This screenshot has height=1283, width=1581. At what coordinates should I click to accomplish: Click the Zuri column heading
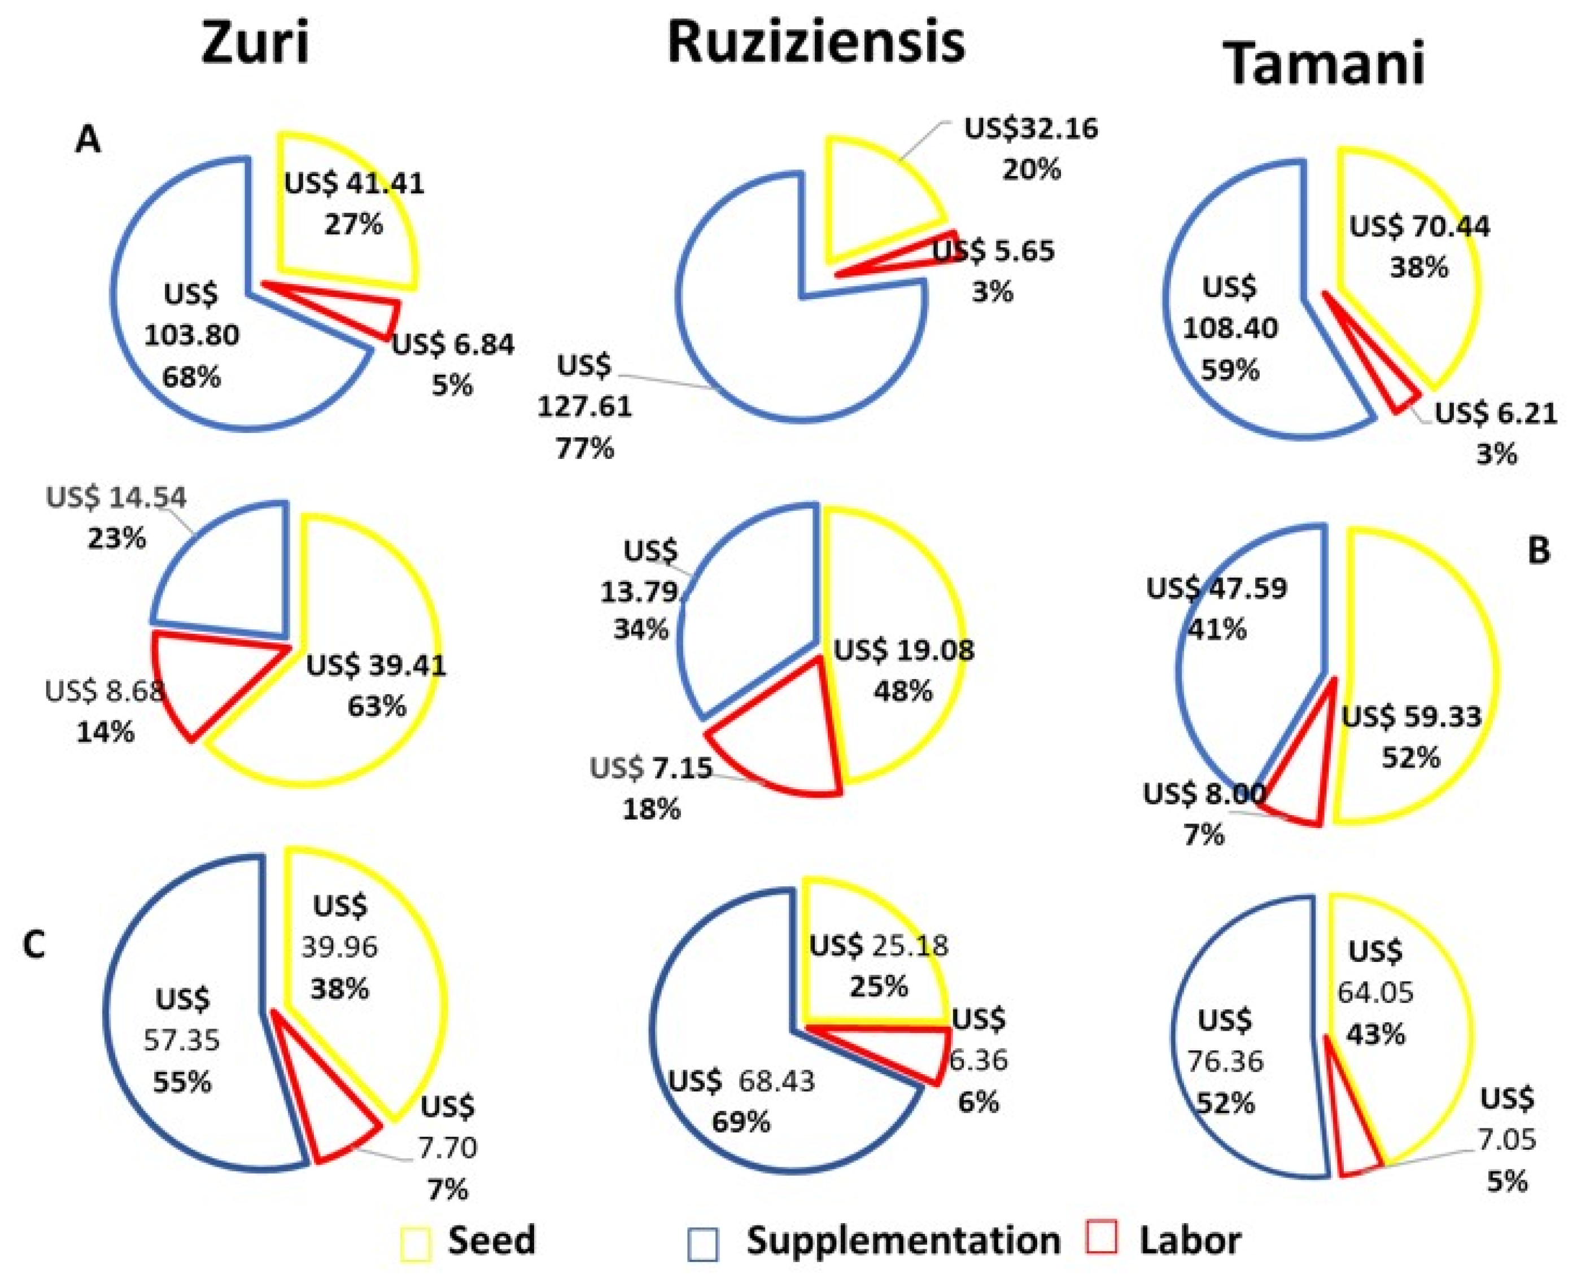[255, 42]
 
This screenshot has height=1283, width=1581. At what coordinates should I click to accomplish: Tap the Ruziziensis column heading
[816, 41]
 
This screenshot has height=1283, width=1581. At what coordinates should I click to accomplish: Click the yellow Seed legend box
[416, 1243]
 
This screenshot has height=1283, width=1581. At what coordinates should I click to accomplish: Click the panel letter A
[88, 139]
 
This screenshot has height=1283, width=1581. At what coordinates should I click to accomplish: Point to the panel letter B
[1538, 550]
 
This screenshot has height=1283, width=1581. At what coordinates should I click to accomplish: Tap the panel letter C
[34, 944]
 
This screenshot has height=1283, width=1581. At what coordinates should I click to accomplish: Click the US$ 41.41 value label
[355, 183]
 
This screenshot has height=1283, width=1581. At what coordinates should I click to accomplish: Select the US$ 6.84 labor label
[452, 344]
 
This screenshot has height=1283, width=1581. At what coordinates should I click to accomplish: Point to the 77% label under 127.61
[584, 448]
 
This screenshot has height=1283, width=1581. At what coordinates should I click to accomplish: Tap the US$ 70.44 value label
[1419, 226]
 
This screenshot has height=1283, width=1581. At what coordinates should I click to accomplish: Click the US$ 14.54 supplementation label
[116, 497]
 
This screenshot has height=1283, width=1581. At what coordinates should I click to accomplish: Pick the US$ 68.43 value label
[741, 1081]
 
